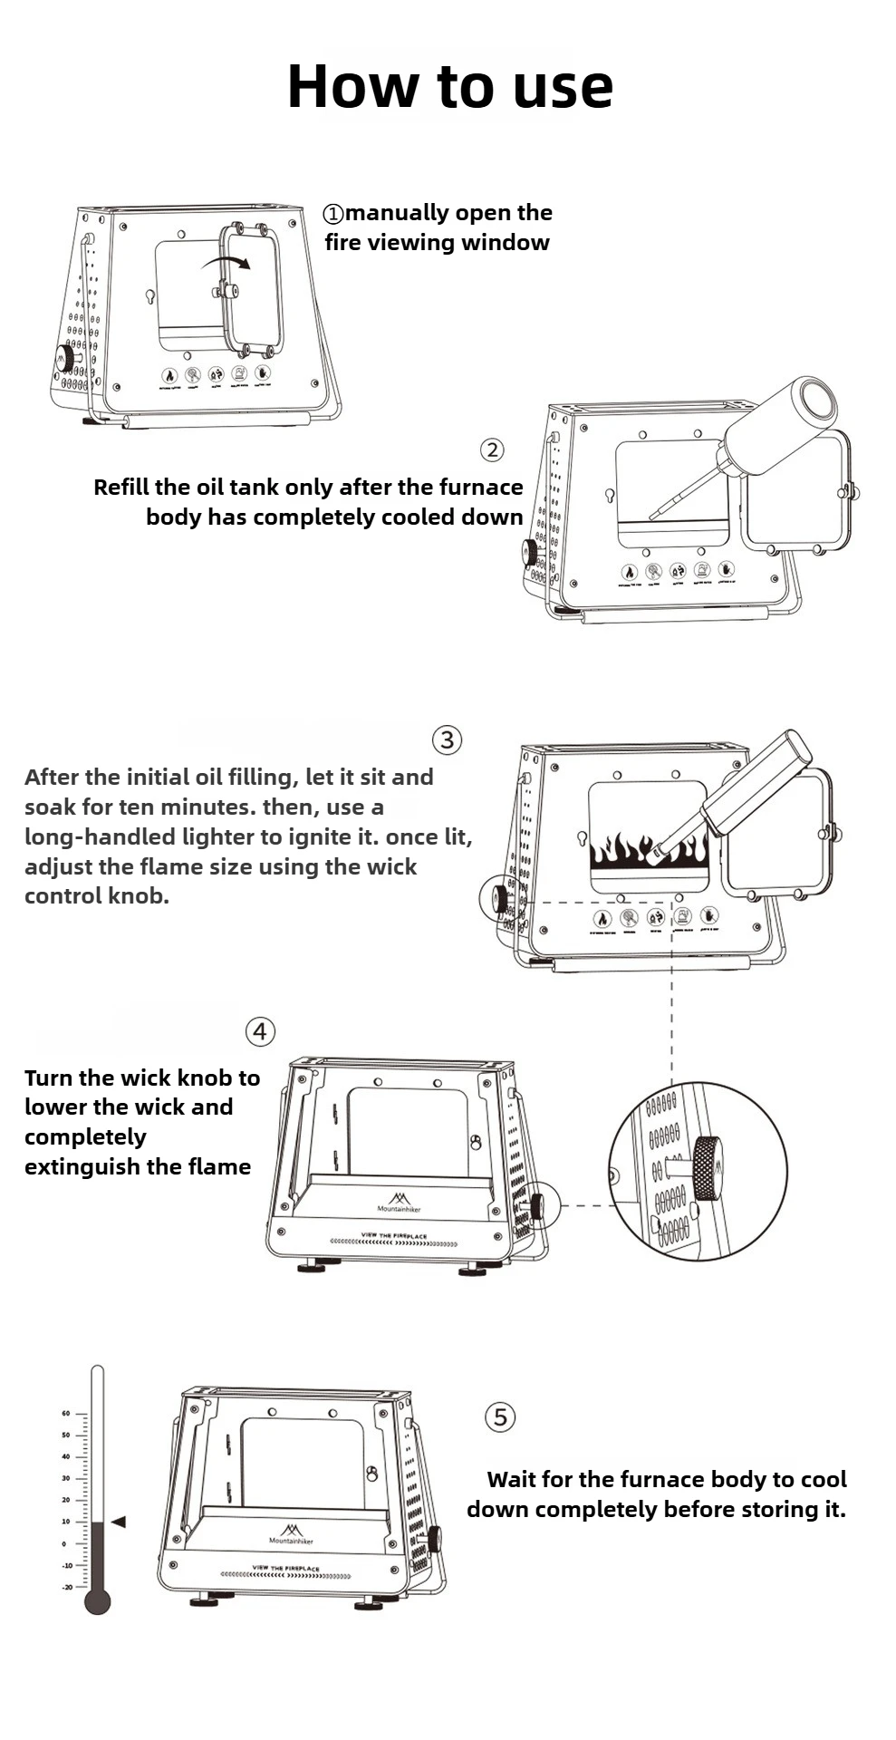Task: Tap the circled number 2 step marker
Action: click(x=492, y=449)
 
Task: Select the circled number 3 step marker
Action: click(x=447, y=739)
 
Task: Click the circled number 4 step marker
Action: click(x=260, y=1031)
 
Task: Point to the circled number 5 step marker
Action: click(x=500, y=1416)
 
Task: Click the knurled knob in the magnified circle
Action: click(x=708, y=1168)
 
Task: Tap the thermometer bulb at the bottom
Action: click(x=97, y=1601)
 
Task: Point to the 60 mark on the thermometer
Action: click(x=66, y=1413)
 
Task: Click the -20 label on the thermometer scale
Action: click(x=67, y=1587)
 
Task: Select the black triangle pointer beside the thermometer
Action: click(x=118, y=1522)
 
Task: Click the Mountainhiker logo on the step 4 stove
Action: click(x=399, y=1203)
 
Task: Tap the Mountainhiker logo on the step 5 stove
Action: click(x=291, y=1533)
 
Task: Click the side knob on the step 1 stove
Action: click(x=64, y=357)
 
